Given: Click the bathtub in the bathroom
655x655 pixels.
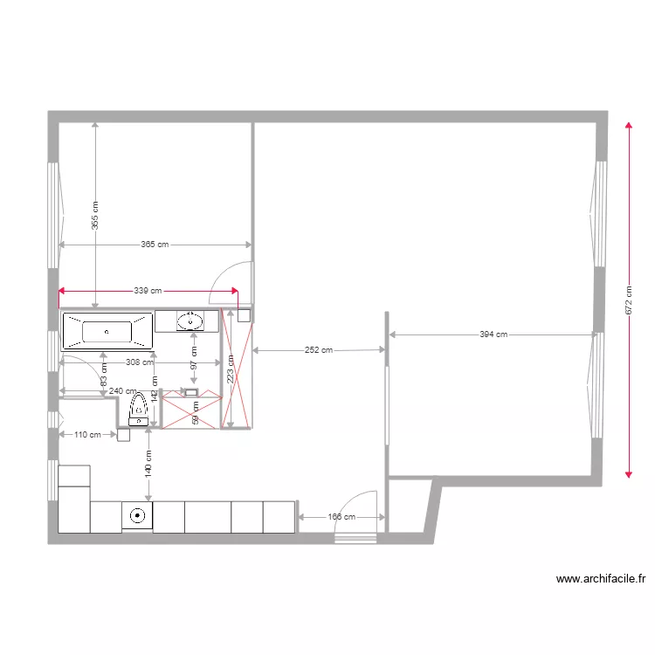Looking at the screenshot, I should [x=107, y=331].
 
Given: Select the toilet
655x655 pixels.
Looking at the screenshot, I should [x=138, y=407].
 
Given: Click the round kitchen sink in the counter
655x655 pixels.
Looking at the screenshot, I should [x=137, y=515].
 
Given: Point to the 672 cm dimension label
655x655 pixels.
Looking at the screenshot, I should [x=629, y=300].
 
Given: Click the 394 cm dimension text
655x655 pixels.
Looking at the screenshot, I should [x=493, y=334].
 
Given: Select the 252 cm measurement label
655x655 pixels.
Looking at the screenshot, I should [x=319, y=350].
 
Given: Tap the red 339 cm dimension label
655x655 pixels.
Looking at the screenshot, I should [x=148, y=291].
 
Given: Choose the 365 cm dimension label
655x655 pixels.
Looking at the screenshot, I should [x=155, y=245].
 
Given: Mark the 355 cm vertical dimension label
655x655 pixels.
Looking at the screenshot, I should [x=95, y=214].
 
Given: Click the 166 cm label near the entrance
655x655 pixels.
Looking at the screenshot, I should [x=341, y=517].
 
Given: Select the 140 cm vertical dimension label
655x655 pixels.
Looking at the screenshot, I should [x=148, y=463].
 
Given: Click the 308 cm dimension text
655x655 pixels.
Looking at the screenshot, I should [x=140, y=362].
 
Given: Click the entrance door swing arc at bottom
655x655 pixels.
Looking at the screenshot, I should [x=356, y=507].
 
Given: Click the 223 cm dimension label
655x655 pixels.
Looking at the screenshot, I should [x=230, y=369].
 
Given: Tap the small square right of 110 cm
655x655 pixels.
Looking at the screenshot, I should [x=123, y=434].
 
